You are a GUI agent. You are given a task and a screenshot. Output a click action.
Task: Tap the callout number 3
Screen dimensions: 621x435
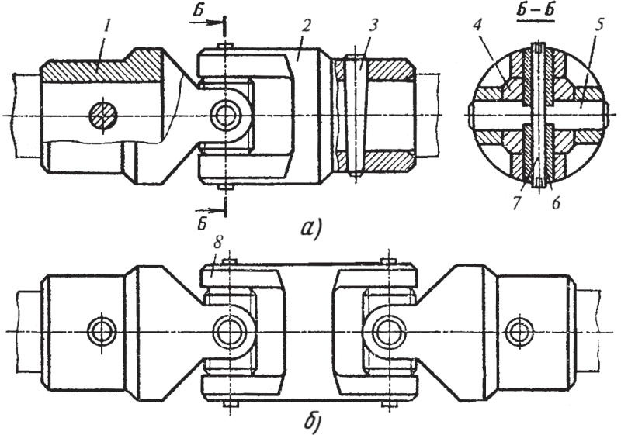(x=373, y=26)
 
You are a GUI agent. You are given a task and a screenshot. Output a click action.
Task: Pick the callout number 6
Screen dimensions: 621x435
(x=556, y=203)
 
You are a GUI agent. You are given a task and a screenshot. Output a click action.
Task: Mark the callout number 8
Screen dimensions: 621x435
(x=219, y=244)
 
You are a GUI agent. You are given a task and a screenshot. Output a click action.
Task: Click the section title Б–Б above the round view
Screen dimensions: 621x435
(x=537, y=12)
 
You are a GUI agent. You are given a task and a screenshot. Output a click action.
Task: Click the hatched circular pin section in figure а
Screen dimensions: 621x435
(x=103, y=115)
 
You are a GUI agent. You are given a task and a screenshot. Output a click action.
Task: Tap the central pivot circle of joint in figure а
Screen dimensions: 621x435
(x=224, y=115)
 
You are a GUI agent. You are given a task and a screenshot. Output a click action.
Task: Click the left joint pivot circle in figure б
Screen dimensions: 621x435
(x=228, y=330)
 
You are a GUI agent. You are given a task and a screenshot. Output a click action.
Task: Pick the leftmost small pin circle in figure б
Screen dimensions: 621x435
(x=102, y=330)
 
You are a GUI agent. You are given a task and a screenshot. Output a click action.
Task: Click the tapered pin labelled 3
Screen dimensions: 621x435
(x=355, y=115)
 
